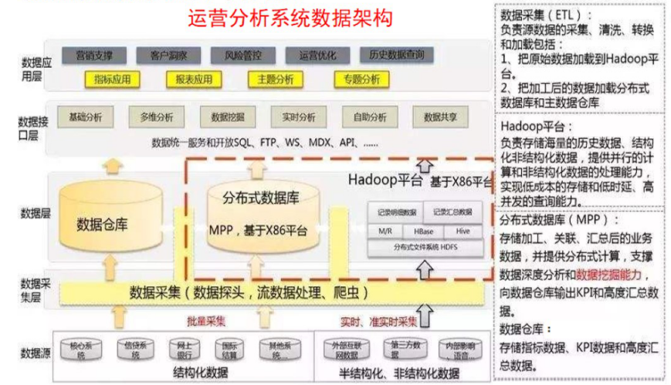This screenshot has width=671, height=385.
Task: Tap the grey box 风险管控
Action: pos(239,56)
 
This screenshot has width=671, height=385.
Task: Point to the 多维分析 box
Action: pos(157,117)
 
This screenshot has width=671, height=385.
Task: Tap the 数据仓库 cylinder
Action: pos(110,216)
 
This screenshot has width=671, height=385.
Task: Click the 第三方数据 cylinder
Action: pos(404,350)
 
